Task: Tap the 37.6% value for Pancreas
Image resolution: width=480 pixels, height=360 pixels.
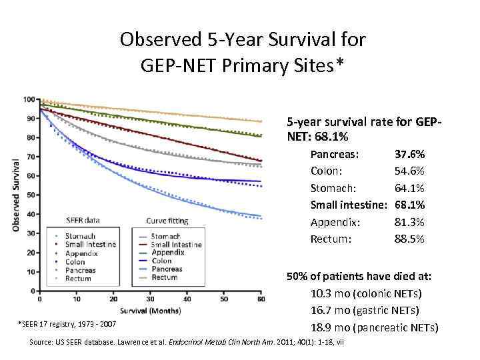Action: (x=410, y=155)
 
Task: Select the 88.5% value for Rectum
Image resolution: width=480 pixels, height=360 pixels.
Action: (x=410, y=239)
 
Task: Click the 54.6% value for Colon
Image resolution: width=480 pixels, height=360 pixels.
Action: (x=410, y=171)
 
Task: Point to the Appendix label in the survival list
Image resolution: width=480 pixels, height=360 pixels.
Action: (x=335, y=222)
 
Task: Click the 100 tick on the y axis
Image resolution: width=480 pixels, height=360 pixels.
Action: (x=29, y=99)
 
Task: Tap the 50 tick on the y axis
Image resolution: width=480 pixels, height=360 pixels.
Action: (x=31, y=195)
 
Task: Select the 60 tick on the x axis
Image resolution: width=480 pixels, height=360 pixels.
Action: (x=260, y=299)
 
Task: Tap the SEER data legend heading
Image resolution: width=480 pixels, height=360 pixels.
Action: (x=83, y=221)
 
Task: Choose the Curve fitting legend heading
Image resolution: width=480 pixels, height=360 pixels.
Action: (x=167, y=221)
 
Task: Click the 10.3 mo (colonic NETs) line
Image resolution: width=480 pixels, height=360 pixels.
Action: (x=365, y=293)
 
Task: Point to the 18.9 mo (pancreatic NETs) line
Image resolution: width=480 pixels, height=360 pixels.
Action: (x=374, y=327)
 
